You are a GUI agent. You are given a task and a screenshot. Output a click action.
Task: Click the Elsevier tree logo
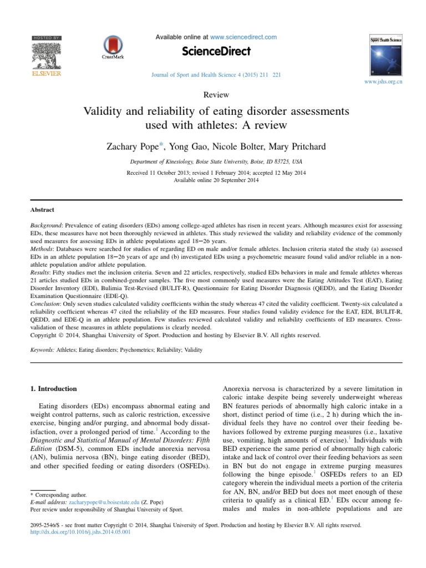pyautogui.click(x=46, y=53)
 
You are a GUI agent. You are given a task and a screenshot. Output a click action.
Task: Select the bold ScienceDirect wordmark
pyautogui.click(x=216, y=52)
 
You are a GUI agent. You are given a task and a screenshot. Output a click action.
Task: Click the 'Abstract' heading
pyautogui.click(x=42, y=210)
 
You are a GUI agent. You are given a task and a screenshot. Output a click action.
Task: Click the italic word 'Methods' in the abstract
pyautogui.click(x=42, y=250)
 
